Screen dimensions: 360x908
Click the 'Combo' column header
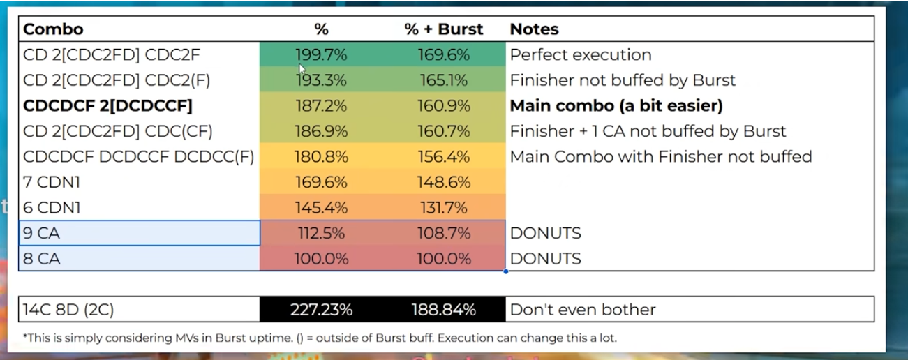click(x=53, y=29)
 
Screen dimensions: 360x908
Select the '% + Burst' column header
click(x=444, y=29)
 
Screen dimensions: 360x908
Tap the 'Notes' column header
click(x=534, y=29)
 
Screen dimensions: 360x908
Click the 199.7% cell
click(x=321, y=55)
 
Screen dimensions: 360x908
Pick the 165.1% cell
click(x=444, y=80)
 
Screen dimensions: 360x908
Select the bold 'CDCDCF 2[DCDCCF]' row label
click(x=107, y=106)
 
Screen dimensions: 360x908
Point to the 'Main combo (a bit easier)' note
click(x=616, y=106)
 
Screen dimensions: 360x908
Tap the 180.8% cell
click(x=321, y=157)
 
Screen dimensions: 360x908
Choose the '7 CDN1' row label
click(x=52, y=182)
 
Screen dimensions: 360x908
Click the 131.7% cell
click(x=444, y=208)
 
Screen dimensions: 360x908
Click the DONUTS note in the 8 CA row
click(x=545, y=259)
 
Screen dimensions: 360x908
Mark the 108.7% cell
click(x=444, y=233)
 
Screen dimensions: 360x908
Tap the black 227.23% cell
click(x=321, y=309)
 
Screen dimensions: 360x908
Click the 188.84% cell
click(x=444, y=309)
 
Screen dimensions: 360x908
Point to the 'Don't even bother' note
click(x=583, y=309)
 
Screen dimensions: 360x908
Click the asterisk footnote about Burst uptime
click(x=319, y=338)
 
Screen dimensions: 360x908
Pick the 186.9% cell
click(x=321, y=131)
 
